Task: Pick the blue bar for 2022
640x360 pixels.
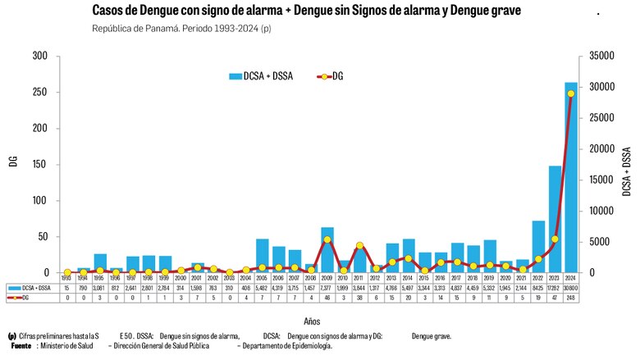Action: (x=538, y=247)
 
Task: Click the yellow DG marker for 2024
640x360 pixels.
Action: (x=570, y=93)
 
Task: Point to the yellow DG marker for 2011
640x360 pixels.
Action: (x=359, y=245)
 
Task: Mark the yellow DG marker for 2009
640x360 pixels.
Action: (x=327, y=239)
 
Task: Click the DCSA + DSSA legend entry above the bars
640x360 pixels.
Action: (x=263, y=76)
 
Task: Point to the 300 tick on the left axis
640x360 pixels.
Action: (x=40, y=56)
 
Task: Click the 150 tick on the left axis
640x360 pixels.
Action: (x=40, y=165)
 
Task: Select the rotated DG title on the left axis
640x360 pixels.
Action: (x=13, y=162)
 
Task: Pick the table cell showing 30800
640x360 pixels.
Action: (x=570, y=289)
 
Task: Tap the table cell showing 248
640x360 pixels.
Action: (x=570, y=298)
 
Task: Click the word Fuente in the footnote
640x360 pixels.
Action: (x=21, y=346)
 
